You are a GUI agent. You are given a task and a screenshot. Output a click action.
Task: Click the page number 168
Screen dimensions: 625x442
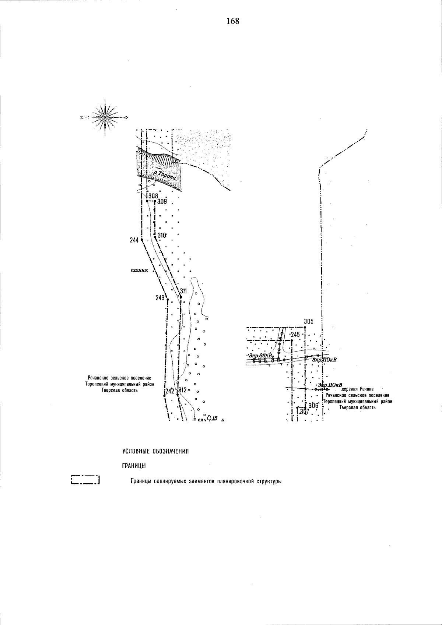(233, 21)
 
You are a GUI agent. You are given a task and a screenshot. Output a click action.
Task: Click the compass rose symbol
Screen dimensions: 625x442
(106, 117)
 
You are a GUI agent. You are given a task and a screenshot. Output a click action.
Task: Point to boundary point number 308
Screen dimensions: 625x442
(153, 196)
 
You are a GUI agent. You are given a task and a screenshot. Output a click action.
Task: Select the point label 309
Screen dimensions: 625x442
(162, 202)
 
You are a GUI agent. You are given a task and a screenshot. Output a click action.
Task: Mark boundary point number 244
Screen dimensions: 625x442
(134, 240)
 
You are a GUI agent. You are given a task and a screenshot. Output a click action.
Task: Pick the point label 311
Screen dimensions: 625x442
(183, 291)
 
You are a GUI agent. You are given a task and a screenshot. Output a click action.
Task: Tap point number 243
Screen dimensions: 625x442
(160, 298)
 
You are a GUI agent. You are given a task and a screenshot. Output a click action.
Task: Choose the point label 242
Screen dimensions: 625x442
(169, 391)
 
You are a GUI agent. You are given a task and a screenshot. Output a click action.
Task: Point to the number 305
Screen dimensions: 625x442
(309, 321)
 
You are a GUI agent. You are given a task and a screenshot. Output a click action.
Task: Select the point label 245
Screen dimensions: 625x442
(295, 335)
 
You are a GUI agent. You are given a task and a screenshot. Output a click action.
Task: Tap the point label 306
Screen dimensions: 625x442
(313, 405)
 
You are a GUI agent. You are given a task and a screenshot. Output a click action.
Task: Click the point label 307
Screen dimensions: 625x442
(304, 411)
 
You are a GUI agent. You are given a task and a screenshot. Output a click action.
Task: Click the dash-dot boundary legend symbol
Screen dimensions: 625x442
(85, 480)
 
